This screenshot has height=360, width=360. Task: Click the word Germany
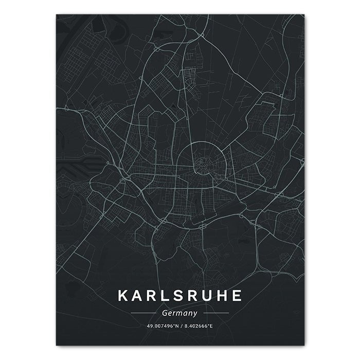[x=180, y=312]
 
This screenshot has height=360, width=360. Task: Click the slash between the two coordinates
[x=181, y=326]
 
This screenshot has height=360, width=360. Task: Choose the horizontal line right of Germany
[x=216, y=313]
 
